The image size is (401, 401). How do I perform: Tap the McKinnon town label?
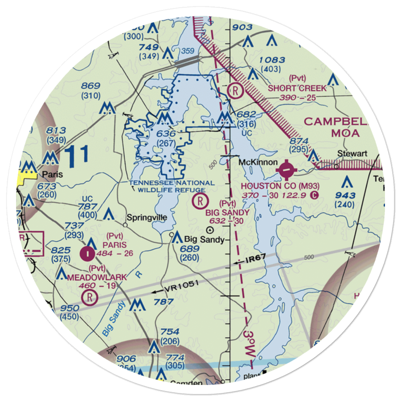[x=258, y=162]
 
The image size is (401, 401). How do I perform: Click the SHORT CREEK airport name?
[x=297, y=88]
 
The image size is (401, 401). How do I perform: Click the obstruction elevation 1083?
[x=272, y=60]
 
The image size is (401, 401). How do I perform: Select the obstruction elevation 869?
[x=90, y=85]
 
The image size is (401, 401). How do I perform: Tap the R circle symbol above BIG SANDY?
[x=200, y=200]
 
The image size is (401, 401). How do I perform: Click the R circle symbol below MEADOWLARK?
[x=89, y=297]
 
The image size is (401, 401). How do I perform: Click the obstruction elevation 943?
[x=346, y=195]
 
